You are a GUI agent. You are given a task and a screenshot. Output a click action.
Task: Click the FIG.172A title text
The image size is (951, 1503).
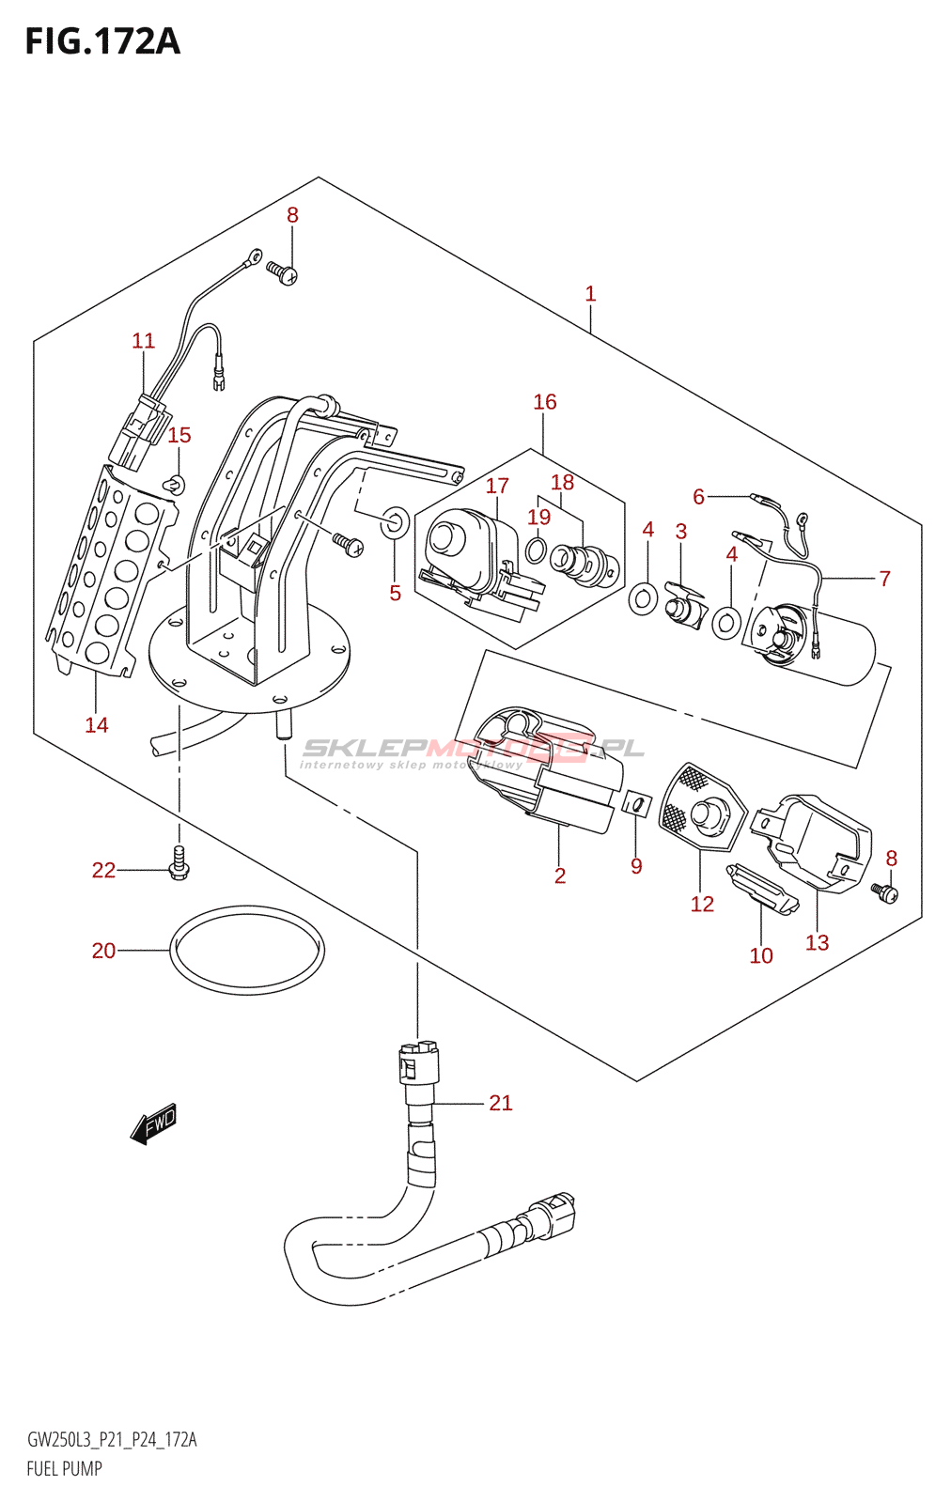101,42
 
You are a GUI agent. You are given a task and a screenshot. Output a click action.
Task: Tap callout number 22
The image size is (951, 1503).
103,871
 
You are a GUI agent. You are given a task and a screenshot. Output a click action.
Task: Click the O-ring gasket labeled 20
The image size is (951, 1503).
247,949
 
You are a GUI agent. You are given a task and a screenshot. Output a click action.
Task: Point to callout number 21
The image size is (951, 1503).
501,1103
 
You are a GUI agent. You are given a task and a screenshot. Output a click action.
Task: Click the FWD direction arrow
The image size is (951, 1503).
154,1122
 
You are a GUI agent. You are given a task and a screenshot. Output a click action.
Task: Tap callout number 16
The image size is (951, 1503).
545,402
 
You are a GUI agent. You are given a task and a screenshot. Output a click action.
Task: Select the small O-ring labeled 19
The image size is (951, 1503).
535,550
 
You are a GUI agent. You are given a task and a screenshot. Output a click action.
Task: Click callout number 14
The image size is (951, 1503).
97,725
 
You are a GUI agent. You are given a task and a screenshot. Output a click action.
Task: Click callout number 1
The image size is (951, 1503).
590,294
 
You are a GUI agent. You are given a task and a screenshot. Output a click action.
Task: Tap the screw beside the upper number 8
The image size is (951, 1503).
281,272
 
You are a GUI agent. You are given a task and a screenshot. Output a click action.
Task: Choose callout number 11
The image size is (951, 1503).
143,341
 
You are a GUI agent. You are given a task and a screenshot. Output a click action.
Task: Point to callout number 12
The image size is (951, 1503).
702,904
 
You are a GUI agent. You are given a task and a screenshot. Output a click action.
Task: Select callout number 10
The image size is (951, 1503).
761,955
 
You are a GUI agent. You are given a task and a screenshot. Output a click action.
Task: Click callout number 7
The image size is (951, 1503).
884,579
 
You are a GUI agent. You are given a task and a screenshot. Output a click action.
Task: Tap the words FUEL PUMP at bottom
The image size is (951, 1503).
64,1468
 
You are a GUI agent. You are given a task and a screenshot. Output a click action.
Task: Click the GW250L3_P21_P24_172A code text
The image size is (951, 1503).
112,1440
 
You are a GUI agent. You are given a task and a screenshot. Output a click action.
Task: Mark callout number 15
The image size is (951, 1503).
179,435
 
